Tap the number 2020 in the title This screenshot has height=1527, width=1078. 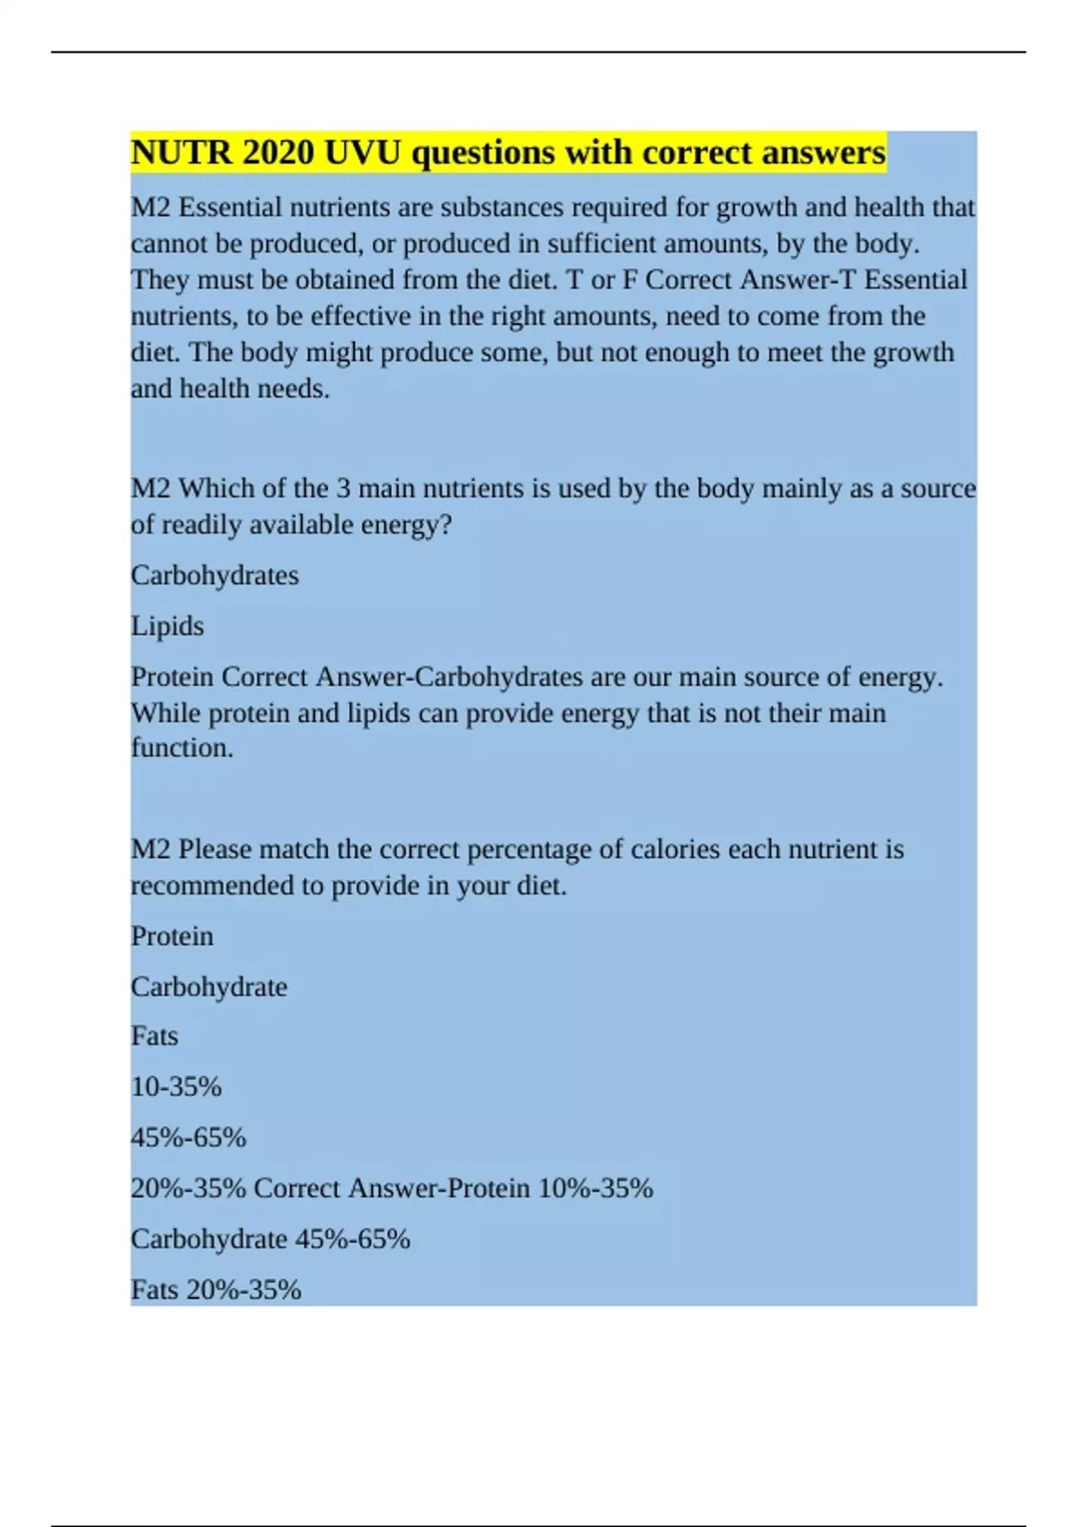tap(278, 153)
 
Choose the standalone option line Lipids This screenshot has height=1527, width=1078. tap(167, 626)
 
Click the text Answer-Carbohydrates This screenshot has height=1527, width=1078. tap(450, 676)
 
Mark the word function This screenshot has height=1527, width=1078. tap(181, 748)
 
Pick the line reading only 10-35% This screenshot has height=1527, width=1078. tap(176, 1087)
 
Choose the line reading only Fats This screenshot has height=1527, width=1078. tap(155, 1037)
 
